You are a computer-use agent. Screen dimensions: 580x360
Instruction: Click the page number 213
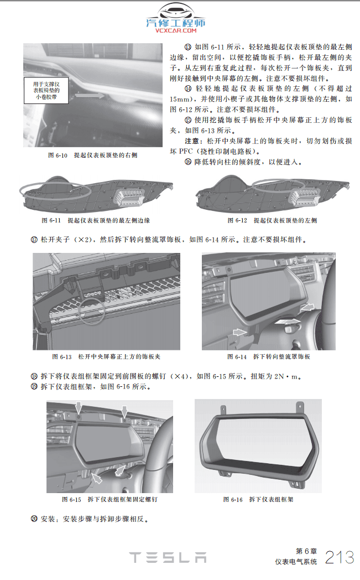340,557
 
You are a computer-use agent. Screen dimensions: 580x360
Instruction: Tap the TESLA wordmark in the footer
168,557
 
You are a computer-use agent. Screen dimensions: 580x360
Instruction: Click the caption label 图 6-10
58,156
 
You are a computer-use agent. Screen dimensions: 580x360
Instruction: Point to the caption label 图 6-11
51,220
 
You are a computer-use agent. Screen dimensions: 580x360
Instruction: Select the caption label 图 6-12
237,220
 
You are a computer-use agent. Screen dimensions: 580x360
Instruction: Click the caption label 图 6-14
237,356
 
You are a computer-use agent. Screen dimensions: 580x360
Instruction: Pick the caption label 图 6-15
72,499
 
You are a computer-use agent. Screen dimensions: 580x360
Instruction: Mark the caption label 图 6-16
233,499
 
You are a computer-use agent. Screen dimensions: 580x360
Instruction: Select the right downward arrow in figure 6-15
124,410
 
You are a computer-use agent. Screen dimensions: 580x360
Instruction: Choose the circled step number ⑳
34,519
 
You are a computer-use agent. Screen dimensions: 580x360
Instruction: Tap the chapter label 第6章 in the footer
306,551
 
